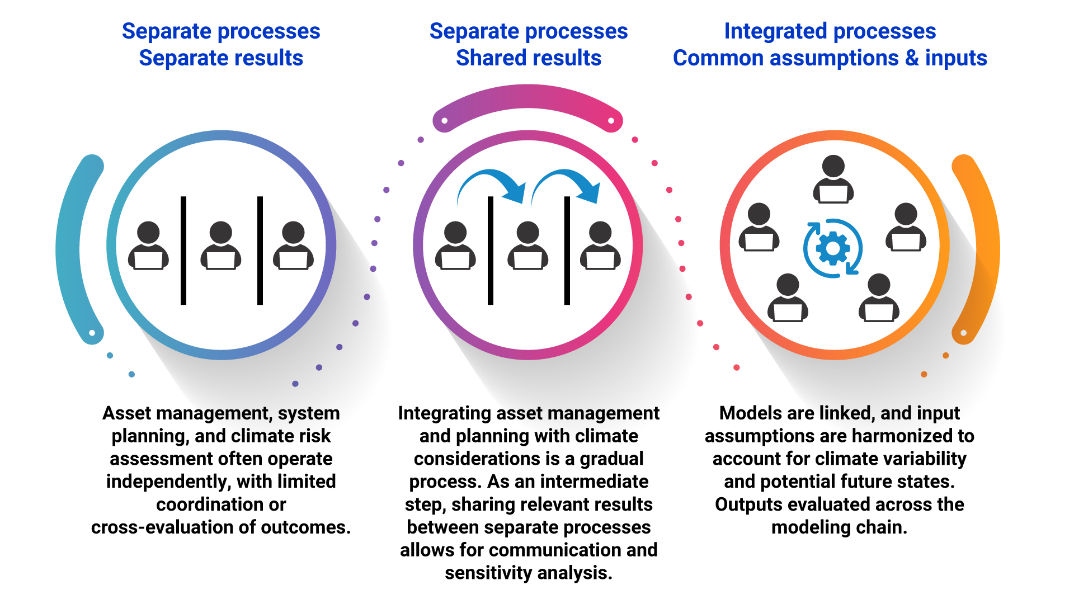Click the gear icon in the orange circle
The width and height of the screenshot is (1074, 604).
click(x=833, y=248)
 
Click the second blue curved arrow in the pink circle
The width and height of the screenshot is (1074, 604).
click(x=567, y=185)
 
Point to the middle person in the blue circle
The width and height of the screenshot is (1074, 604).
click(x=221, y=246)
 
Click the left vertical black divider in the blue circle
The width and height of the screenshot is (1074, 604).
click(x=183, y=250)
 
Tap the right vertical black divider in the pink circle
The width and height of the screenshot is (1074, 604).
click(x=567, y=250)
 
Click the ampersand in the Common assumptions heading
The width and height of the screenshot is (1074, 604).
click(x=912, y=58)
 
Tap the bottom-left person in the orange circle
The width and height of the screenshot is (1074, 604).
click(x=788, y=298)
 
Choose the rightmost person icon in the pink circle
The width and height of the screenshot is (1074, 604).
click(x=600, y=246)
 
